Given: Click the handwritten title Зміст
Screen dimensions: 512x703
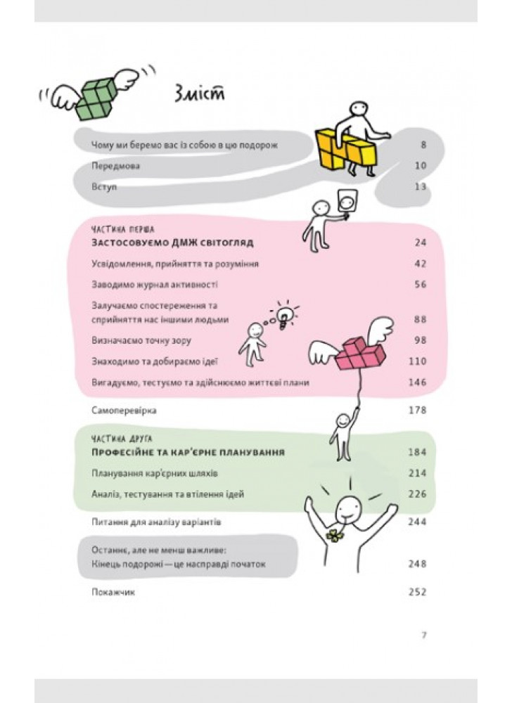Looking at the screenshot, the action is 198,93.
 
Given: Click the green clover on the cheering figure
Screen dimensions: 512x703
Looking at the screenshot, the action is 335,535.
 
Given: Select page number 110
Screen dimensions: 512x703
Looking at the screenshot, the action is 417,361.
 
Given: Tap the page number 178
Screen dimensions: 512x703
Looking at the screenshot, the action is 417,411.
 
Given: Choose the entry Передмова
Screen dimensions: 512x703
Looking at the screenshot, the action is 115,166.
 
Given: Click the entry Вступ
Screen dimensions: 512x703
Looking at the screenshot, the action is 104,186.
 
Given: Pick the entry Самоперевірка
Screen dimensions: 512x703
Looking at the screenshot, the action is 124,411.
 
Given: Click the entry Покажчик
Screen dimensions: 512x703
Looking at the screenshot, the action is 113,592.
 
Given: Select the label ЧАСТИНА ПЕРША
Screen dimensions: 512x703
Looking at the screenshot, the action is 123,230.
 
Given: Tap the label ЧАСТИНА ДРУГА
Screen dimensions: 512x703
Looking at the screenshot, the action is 122,439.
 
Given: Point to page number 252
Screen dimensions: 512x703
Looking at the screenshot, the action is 417,592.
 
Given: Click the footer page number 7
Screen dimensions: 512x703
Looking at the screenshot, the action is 424,636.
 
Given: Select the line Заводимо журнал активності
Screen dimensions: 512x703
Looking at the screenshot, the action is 155,285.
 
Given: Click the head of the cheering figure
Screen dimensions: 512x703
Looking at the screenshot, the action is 348,508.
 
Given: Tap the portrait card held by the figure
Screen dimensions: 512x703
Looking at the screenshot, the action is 347,202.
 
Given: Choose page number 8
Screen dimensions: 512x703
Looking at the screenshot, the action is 423,145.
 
